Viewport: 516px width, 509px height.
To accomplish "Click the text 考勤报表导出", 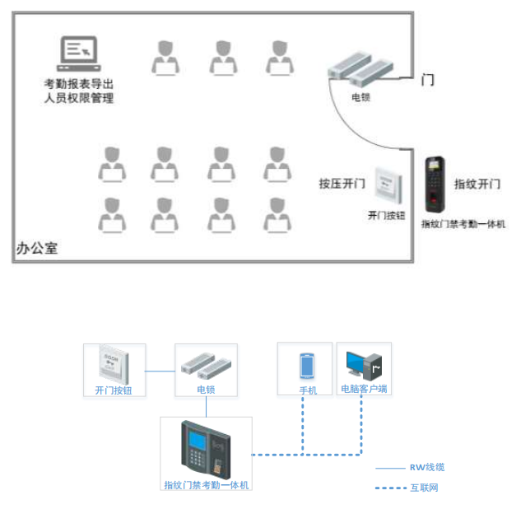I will pyautogui.click(x=78, y=84).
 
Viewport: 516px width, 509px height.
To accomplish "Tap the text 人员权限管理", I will pyautogui.click(x=78, y=99).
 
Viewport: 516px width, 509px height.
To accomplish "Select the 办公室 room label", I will pyautogui.click(x=38, y=248).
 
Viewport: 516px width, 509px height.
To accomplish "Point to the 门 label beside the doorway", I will pyautogui.click(x=427, y=80).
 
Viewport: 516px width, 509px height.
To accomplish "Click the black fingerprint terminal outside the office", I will pyautogui.click(x=434, y=184).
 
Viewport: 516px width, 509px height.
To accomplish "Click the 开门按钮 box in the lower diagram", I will pyautogui.click(x=114, y=364).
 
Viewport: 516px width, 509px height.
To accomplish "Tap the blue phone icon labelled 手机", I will pyautogui.click(x=307, y=364).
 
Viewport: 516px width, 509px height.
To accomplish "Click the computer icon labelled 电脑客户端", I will pyautogui.click(x=364, y=364).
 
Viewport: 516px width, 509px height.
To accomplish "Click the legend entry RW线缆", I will pyautogui.click(x=427, y=467).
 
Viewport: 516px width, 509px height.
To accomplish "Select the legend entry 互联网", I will pyautogui.click(x=424, y=488).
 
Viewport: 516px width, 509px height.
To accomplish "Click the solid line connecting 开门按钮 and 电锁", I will pyautogui.click(x=160, y=371).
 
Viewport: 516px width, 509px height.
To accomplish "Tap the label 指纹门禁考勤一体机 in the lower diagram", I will pyautogui.click(x=206, y=485).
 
